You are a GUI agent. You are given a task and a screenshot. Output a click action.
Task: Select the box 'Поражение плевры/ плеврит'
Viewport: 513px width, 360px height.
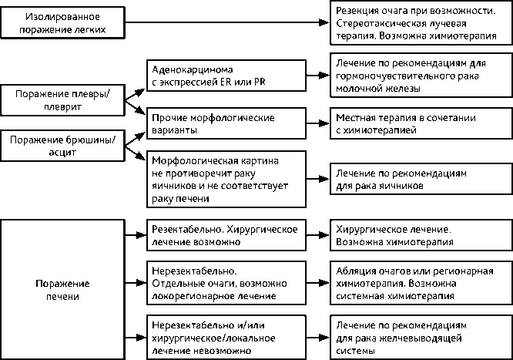coord(62,101)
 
